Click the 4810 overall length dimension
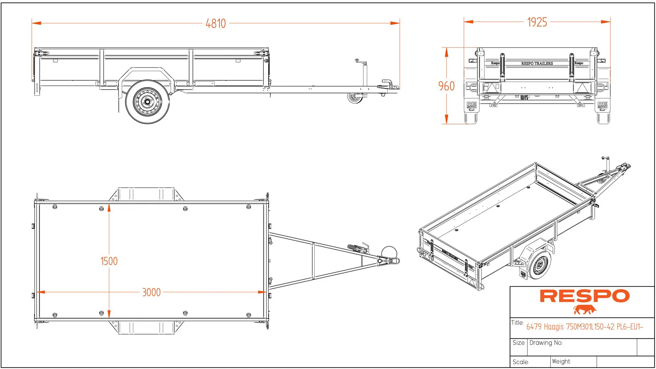coord(216,23)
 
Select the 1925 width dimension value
coord(537,22)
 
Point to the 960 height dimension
coord(446,86)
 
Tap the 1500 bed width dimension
coord(109,261)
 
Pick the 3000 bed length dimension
coord(151,292)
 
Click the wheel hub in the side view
coord(147,101)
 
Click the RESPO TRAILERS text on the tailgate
coord(537,63)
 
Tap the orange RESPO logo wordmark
coord(584,296)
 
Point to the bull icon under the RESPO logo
coord(585,310)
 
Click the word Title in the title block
coord(517,323)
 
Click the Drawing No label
coord(546,343)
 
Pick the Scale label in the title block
coord(520,362)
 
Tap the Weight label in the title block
coord(561,361)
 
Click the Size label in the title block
coord(518,343)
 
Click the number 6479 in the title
coord(534,327)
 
